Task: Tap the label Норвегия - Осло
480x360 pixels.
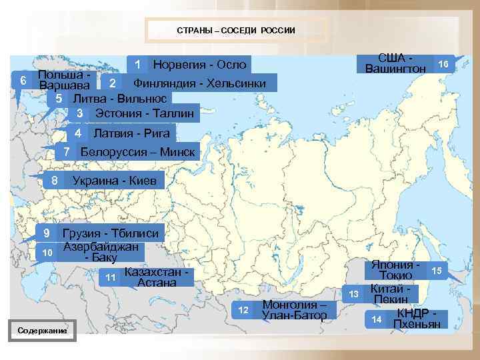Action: [199, 65]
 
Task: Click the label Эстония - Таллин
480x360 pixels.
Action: [145, 114]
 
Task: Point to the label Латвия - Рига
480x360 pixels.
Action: [131, 133]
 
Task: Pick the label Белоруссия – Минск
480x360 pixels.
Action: [137, 152]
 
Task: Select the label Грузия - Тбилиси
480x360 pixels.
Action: [110, 233]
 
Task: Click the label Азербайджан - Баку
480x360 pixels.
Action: [101, 251]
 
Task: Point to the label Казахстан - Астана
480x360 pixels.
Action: [157, 277]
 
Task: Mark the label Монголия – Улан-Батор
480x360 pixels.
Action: [295, 310]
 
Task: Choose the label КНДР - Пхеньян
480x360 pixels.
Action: [418, 319]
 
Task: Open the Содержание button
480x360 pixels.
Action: [42, 330]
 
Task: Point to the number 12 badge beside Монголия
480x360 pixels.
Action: [243, 310]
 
